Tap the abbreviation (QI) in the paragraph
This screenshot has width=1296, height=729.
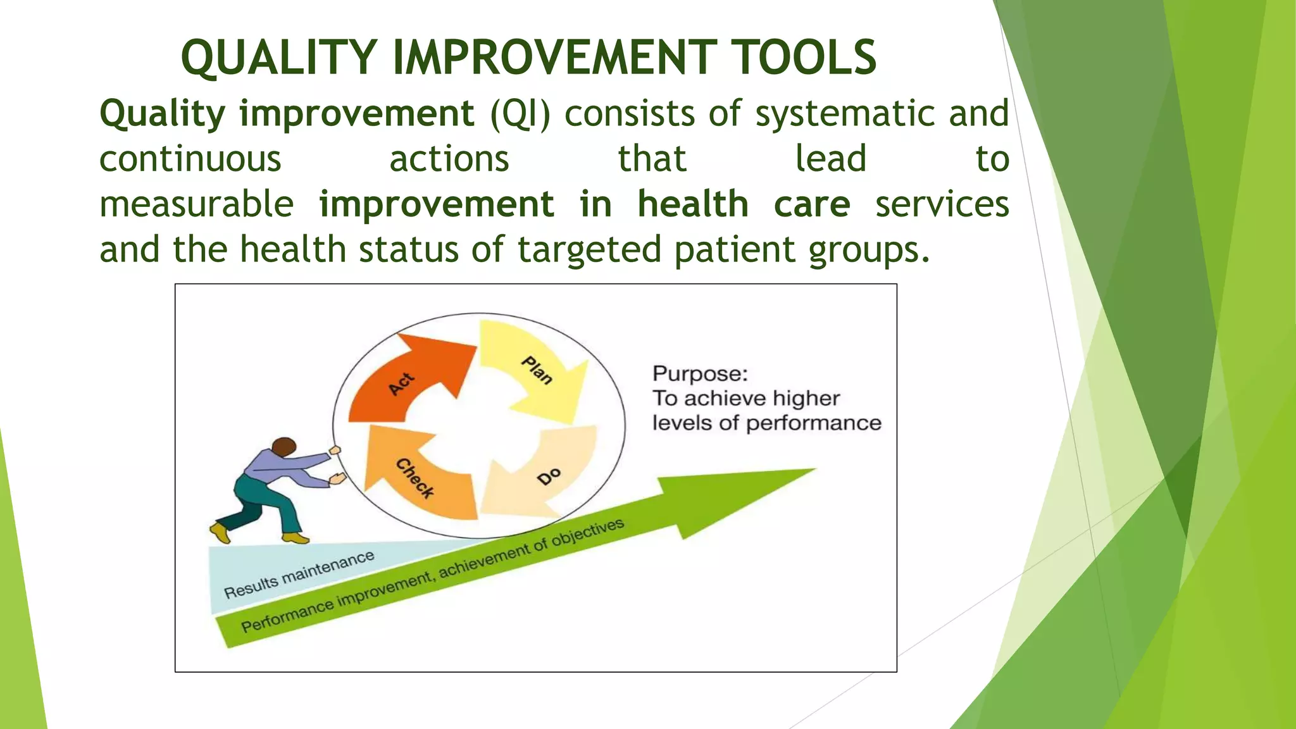pos(520,114)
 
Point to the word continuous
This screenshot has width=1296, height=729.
pos(190,159)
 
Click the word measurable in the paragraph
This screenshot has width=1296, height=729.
pos(196,204)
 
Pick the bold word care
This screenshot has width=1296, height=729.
pos(812,204)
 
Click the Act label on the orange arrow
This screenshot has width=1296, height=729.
pos(402,384)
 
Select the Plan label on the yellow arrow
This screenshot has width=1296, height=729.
pos(537,370)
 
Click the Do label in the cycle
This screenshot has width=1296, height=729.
pos(549,476)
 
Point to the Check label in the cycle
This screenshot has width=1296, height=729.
pos(415,478)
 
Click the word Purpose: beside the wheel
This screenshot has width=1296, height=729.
pos(700,373)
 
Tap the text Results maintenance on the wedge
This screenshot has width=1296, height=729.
pos(299,575)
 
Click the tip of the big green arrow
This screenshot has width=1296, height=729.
pos(813,470)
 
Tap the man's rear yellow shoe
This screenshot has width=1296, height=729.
pos(220,532)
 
